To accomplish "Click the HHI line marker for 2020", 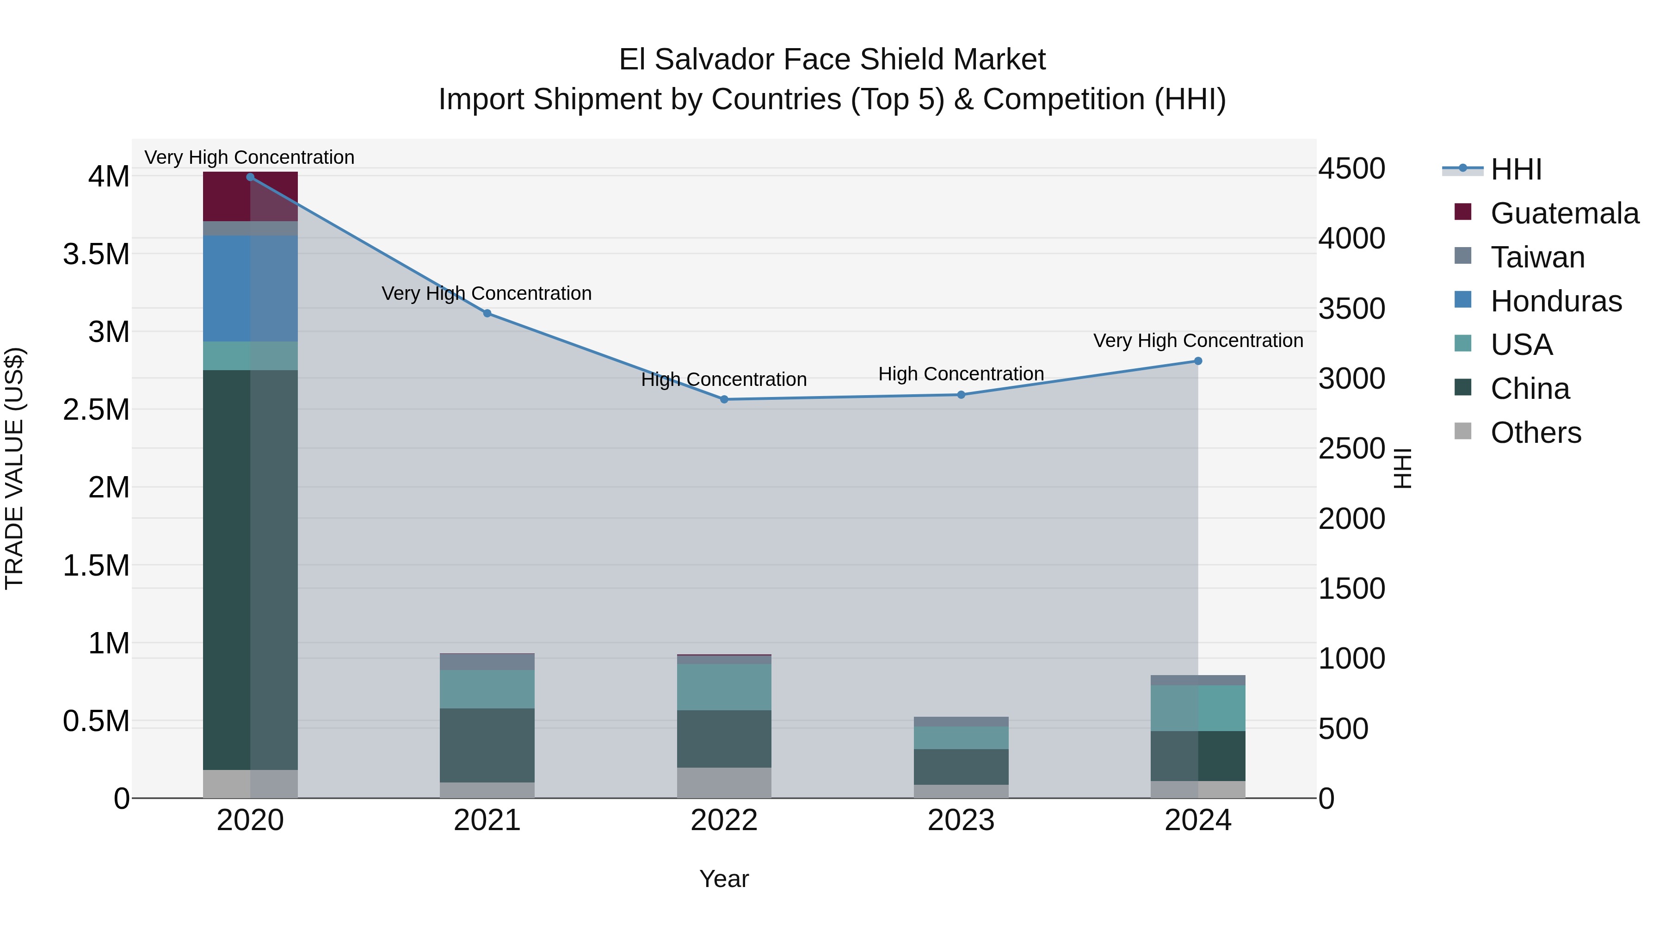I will click(x=250, y=177).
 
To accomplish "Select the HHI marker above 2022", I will click(x=724, y=400).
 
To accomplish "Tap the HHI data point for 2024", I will click(x=1198, y=361).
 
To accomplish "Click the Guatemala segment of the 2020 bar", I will click(x=250, y=197).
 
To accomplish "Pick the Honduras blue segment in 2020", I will click(x=250, y=288).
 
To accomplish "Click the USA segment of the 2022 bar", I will click(x=724, y=687).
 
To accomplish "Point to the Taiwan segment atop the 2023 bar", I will click(x=961, y=721).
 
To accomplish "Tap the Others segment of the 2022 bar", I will click(x=724, y=782).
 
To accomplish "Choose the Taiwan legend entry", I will click(x=1537, y=257).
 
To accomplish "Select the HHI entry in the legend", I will click(x=1516, y=169).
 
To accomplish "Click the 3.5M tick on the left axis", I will click(x=96, y=254).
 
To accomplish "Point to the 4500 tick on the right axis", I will click(x=1351, y=169).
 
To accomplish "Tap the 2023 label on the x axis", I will click(x=961, y=820).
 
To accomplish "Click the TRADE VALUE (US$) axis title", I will click(x=14, y=468).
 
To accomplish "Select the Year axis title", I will click(x=724, y=879).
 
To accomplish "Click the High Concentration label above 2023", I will click(x=961, y=374).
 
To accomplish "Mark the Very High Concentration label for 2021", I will click(x=487, y=293).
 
